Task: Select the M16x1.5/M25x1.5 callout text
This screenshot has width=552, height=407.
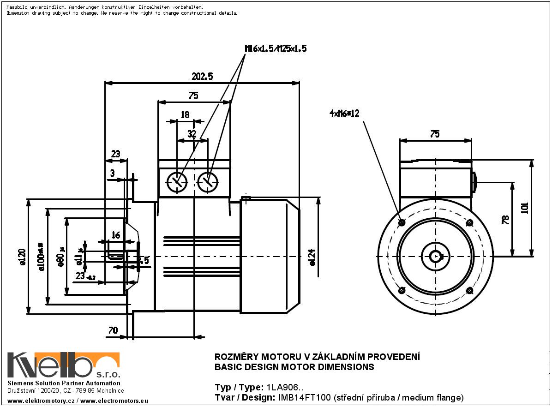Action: [x=276, y=48]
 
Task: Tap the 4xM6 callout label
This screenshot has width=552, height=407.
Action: [x=344, y=114]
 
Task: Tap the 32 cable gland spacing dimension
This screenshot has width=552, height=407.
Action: [x=192, y=134]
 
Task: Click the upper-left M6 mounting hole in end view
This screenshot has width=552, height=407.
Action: [x=402, y=223]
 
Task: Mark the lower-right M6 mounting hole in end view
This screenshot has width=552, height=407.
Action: [x=470, y=290]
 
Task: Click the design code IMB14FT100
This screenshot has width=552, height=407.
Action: [x=304, y=397]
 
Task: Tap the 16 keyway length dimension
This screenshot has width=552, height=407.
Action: [x=116, y=236]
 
